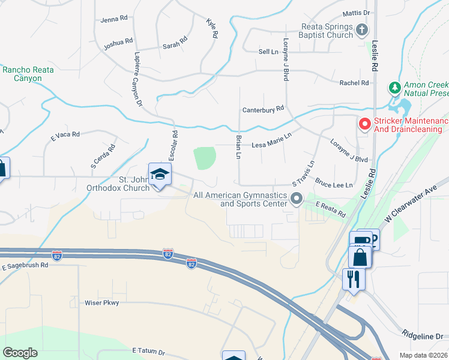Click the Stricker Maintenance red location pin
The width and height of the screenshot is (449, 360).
coord(364,124)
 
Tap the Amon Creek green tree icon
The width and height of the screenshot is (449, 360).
coord(394,89)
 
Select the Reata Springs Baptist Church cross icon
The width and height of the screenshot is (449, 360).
coord(362,29)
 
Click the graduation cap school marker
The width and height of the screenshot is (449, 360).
coord(160,175)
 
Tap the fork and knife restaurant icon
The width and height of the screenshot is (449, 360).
coord(352,279)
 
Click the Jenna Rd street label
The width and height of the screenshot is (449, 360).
coord(114,19)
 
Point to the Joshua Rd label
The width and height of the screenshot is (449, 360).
coord(118,42)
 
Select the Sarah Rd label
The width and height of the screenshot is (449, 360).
coord(175,46)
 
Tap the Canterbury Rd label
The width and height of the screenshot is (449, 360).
coord(263,110)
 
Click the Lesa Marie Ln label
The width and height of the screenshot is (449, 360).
coord(271,145)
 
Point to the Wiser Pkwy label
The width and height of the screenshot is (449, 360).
coord(102,303)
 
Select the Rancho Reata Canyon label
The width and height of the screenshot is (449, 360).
coord(28,74)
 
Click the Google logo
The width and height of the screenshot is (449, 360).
coord(20,353)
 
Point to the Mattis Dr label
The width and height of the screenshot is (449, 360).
coord(356,13)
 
